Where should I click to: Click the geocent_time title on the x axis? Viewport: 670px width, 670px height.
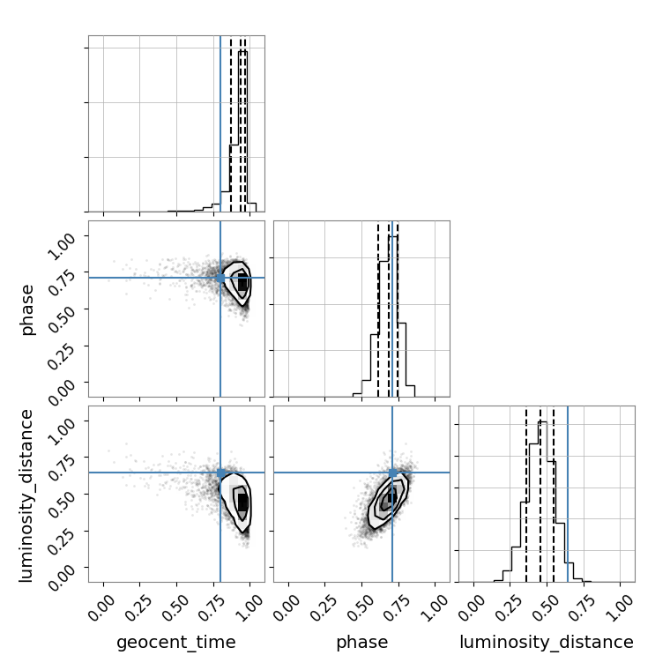point(176,642)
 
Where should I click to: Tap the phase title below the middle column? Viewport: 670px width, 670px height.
point(362,643)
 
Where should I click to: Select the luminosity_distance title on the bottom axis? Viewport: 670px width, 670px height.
point(547,642)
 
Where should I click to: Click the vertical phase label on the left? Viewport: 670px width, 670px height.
point(26,309)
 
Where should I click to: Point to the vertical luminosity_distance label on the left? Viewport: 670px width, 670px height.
point(26,495)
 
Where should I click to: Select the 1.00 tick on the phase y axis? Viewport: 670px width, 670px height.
point(63,245)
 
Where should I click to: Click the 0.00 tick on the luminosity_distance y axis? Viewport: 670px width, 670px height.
point(63,577)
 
